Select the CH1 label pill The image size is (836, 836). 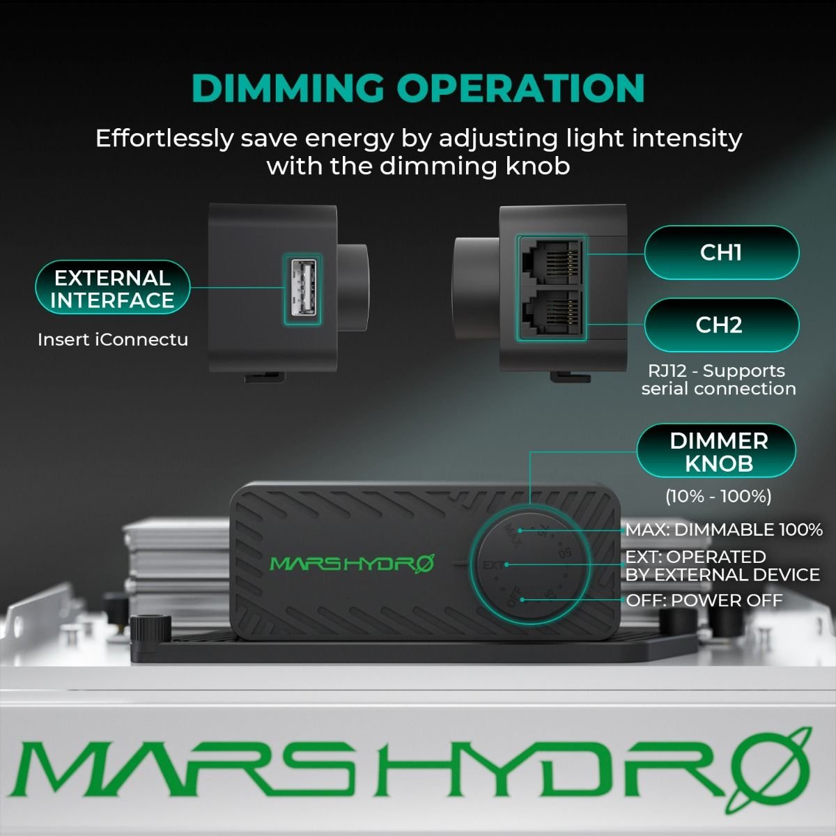coord(721,252)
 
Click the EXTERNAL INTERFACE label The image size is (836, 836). coord(113,289)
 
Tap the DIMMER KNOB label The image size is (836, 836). coord(718,451)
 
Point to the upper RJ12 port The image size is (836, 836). coord(550,261)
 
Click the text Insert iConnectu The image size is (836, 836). coord(113,340)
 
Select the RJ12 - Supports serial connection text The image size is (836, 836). coord(718,380)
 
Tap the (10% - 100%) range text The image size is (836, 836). coord(718,496)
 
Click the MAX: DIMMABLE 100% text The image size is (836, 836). coord(724,529)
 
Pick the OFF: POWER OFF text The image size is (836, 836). coord(704,600)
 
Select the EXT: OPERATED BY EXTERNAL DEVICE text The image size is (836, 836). coord(722,566)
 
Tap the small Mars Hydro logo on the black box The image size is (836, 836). coord(351,563)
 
